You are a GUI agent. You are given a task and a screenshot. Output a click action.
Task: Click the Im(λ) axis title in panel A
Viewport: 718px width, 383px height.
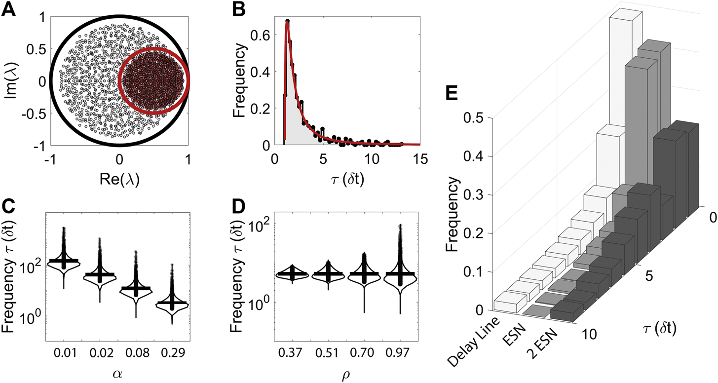tap(11, 81)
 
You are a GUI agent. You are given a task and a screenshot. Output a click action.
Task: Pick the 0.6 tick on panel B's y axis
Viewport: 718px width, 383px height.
tap(262, 36)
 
